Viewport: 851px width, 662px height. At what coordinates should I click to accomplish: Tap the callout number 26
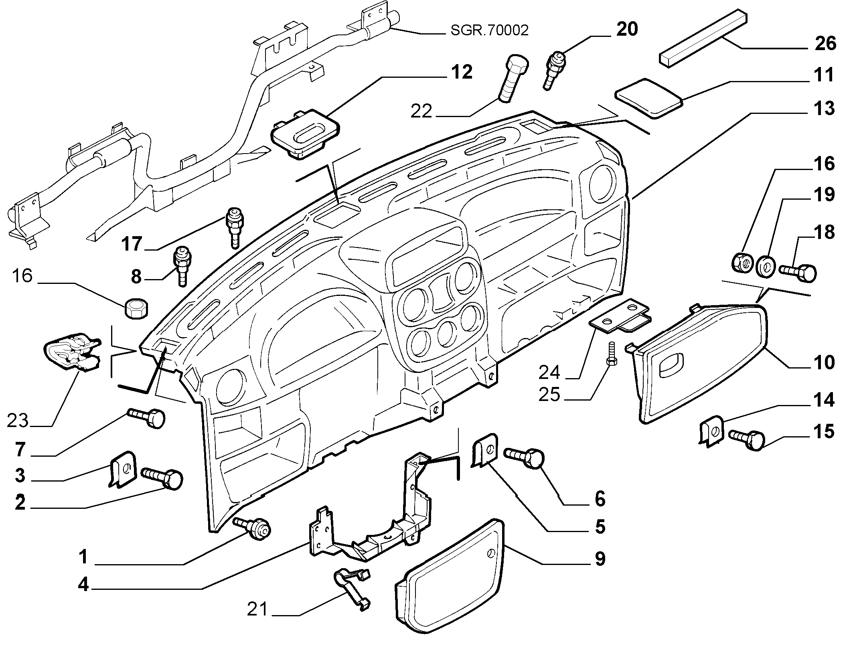point(825,44)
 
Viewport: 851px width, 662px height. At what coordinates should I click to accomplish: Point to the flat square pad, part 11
point(648,99)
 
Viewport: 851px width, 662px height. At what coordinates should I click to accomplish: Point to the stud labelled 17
point(233,227)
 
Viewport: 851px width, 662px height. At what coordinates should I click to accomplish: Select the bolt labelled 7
point(146,418)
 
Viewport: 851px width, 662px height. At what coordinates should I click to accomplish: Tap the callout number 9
point(600,559)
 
